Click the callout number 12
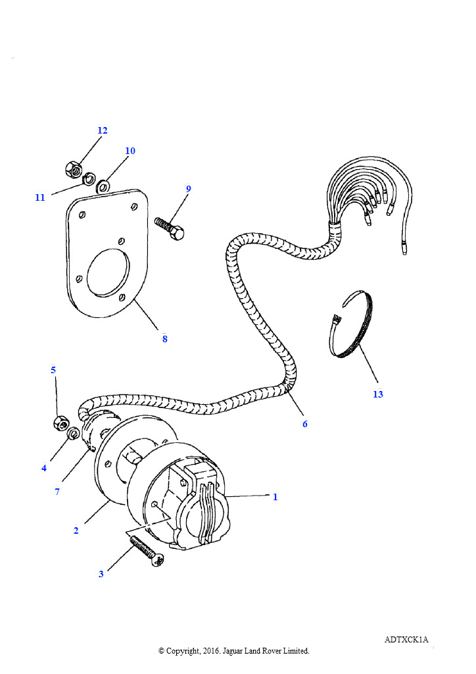pyautogui.click(x=102, y=130)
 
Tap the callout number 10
pyautogui.click(x=130, y=151)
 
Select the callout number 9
pyautogui.click(x=189, y=189)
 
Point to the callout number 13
pyautogui.click(x=377, y=394)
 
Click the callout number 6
pyautogui.click(x=305, y=424)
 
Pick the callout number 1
pyautogui.click(x=275, y=497)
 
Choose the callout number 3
pyautogui.click(x=101, y=574)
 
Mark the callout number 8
pyautogui.click(x=164, y=339)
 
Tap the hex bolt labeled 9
pyautogui.click(x=170, y=227)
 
